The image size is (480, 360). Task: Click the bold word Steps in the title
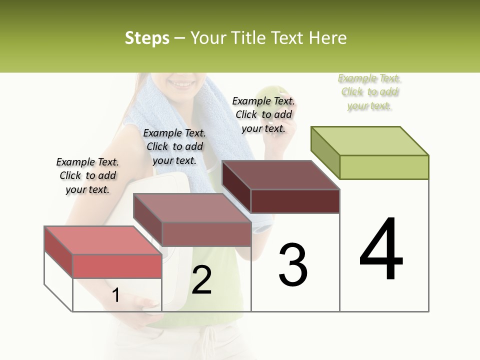147,38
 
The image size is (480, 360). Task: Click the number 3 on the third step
292,265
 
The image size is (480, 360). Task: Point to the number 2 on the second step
201,280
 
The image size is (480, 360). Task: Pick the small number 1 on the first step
116,295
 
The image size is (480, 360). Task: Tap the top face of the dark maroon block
280,175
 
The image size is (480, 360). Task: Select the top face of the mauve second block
192,207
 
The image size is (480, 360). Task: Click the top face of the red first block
103,240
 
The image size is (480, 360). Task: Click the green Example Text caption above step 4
369,92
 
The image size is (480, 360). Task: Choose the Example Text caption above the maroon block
263,114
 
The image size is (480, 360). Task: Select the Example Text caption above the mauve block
174,146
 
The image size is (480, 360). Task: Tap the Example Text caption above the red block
87,175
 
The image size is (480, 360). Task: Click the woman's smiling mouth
180,83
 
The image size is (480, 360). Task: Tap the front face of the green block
384,167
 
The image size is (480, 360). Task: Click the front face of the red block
117,266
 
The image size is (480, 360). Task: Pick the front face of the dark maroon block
295,201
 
